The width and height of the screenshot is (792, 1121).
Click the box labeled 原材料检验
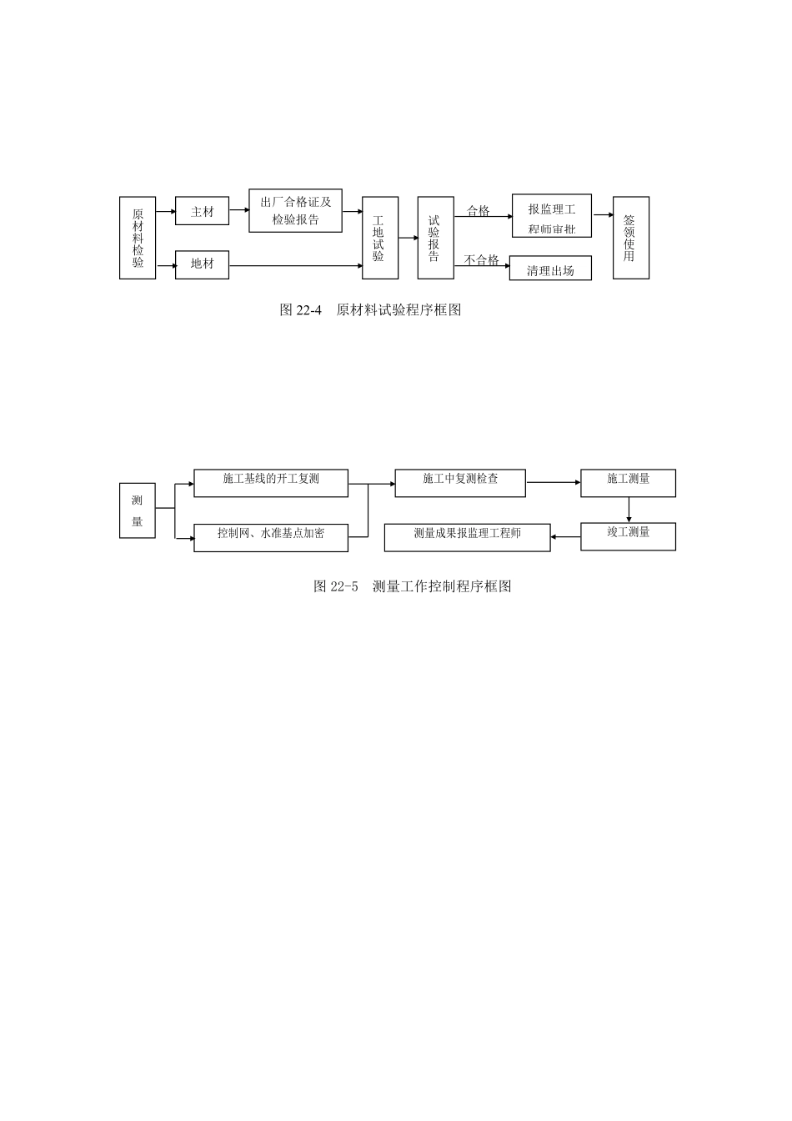(x=137, y=238)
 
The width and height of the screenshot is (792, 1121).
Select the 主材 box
(x=202, y=211)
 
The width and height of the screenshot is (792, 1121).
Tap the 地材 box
(x=202, y=264)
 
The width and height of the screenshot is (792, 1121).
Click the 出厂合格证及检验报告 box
(x=295, y=210)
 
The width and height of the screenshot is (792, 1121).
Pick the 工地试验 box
(x=380, y=238)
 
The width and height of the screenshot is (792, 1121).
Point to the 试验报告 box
(x=436, y=238)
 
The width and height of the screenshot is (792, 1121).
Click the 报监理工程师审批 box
(x=551, y=216)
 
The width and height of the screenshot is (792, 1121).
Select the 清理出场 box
(x=550, y=269)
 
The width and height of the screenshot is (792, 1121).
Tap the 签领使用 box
(x=631, y=238)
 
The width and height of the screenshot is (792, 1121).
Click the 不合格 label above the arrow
(x=481, y=259)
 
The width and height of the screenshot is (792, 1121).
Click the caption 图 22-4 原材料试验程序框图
(x=370, y=309)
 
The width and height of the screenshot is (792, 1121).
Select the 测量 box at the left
(x=137, y=510)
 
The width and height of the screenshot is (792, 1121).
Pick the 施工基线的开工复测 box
(x=271, y=483)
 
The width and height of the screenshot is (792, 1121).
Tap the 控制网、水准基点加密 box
(x=271, y=537)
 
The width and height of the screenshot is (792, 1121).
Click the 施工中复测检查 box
(x=460, y=483)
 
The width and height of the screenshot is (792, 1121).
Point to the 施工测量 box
(x=628, y=483)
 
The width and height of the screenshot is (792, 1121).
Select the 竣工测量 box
(x=628, y=536)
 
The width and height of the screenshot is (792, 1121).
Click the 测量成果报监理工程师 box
(x=468, y=537)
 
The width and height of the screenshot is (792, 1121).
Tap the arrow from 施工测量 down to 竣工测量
(x=629, y=510)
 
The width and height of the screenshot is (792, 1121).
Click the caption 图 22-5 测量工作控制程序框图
(x=413, y=586)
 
